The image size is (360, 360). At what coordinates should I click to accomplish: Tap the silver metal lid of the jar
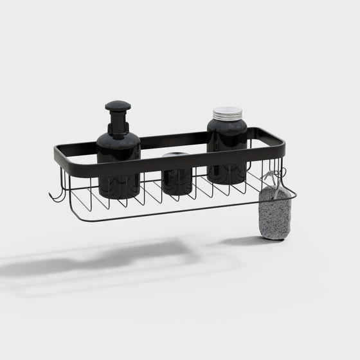click(x=228, y=113)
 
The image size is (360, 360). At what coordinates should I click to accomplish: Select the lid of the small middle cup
click(x=176, y=156)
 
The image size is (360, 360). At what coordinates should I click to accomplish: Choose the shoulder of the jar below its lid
click(x=227, y=125)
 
